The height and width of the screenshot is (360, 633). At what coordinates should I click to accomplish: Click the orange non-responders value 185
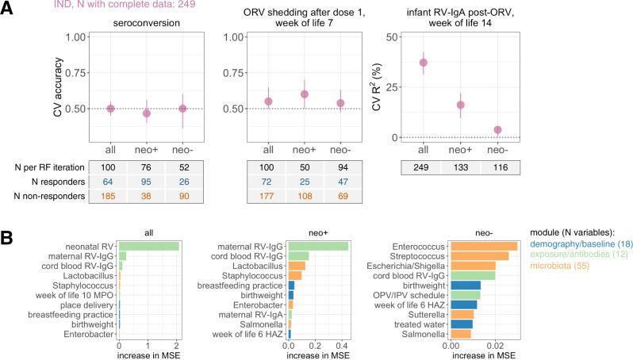click(111, 196)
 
